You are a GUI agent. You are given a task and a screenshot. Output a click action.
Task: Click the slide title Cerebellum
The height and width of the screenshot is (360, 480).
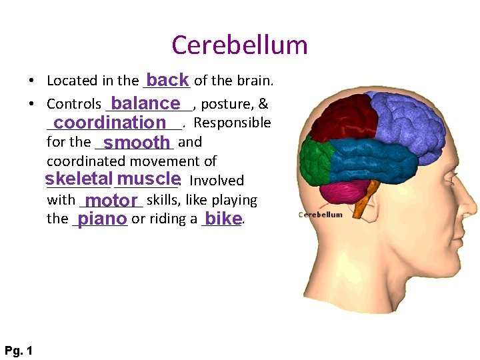(x=239, y=45)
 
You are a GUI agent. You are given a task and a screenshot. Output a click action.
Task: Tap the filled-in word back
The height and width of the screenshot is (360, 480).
(x=168, y=80)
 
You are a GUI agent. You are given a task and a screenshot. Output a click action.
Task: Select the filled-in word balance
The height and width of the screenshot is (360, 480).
(x=146, y=103)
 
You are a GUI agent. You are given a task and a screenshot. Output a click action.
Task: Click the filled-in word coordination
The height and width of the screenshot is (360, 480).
(x=110, y=123)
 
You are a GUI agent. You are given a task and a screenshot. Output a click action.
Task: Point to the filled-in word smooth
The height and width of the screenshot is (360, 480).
(x=137, y=142)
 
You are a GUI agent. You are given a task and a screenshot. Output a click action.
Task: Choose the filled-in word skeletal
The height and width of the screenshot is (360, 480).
(x=78, y=179)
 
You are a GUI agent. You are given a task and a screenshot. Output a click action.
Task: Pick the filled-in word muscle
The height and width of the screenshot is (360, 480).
(x=148, y=179)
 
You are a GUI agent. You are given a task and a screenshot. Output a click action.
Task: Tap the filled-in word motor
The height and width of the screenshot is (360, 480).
(x=111, y=201)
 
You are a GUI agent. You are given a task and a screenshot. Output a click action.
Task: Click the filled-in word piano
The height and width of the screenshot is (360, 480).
(x=102, y=219)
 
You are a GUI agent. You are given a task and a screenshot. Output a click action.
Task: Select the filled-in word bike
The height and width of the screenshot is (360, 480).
(x=223, y=219)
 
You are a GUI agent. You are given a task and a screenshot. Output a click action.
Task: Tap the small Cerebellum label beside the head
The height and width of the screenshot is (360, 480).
(x=320, y=215)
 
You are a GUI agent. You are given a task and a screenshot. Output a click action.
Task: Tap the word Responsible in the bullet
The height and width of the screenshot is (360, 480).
(x=232, y=123)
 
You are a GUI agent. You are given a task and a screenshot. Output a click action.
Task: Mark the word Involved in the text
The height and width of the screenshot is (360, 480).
(x=217, y=181)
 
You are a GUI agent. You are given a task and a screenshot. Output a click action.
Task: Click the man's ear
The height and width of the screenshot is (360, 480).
(x=400, y=220)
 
